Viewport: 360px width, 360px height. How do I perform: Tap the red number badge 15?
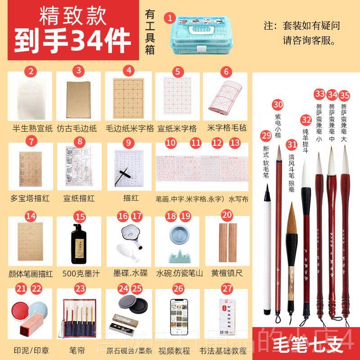(80, 217)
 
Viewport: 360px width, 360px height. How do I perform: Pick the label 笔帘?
(80, 350)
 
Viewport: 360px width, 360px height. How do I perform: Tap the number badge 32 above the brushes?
(306, 120)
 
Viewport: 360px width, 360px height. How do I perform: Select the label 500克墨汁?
(80, 273)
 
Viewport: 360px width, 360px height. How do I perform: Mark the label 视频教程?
(178, 350)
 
